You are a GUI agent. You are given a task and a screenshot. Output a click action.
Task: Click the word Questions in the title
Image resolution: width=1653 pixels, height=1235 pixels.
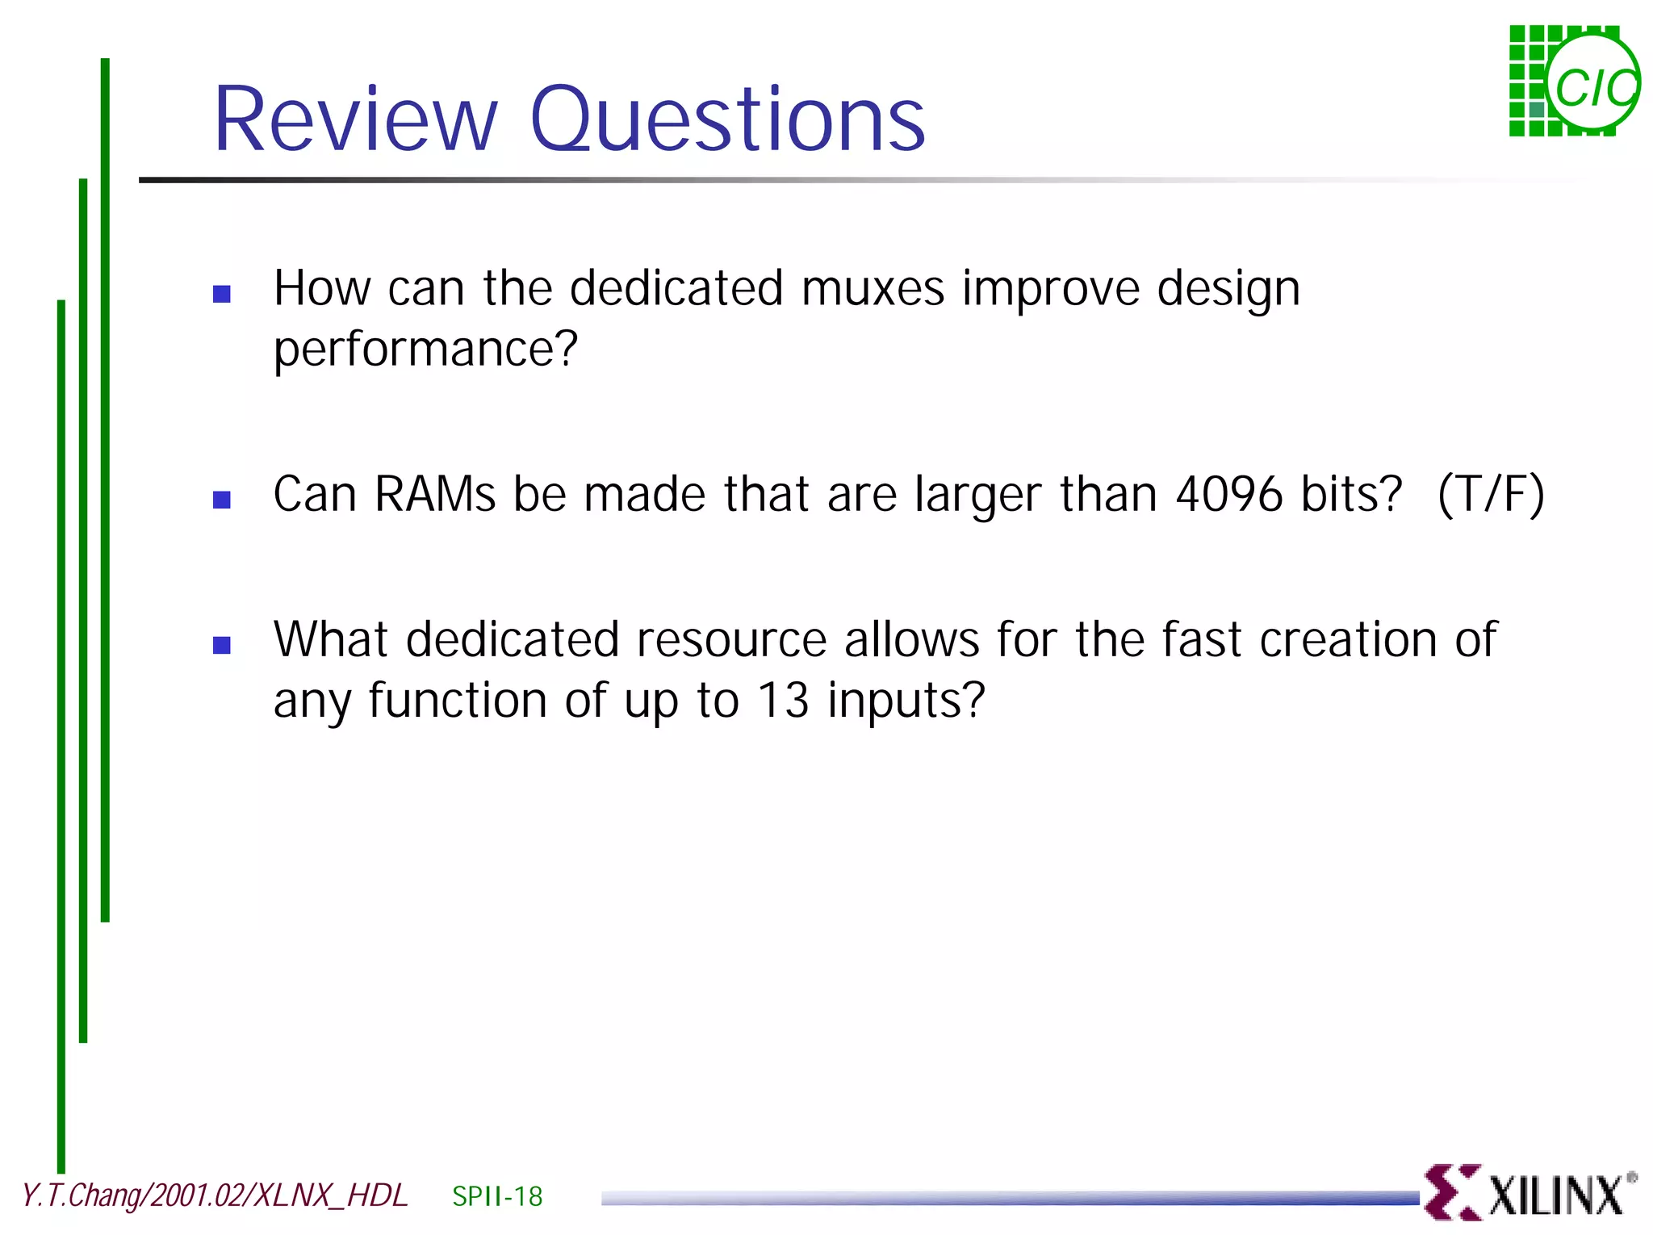point(727,121)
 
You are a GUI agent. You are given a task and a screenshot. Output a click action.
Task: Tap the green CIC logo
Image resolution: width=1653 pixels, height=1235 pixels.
point(1574,81)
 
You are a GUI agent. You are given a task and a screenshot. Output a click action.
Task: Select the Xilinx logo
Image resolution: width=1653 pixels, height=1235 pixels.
point(1530,1192)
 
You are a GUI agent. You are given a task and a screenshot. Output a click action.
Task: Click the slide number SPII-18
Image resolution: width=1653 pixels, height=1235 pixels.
point(497,1196)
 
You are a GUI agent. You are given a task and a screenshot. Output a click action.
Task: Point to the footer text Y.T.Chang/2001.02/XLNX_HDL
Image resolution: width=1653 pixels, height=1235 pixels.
point(215,1195)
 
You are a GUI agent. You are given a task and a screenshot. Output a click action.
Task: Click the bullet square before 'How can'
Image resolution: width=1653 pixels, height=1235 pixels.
point(222,294)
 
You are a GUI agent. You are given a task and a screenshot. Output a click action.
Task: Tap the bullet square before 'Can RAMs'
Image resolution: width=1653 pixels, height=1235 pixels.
point(222,500)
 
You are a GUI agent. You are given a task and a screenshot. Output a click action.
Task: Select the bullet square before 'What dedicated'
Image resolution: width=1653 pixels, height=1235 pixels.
point(222,645)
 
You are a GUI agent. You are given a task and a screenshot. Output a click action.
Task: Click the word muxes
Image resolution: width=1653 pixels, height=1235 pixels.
point(873,288)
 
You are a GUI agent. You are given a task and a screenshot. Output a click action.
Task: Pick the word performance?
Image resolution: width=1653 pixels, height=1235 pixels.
point(425,350)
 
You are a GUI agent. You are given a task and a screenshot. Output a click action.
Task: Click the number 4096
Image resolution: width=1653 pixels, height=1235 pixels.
point(1229,494)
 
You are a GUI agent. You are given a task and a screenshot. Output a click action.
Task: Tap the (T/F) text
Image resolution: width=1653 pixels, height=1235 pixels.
point(1491,494)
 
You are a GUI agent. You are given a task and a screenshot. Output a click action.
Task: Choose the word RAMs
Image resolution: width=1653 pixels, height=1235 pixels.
point(435,494)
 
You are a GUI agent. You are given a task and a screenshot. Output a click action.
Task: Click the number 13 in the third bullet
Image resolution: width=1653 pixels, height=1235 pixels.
point(783,700)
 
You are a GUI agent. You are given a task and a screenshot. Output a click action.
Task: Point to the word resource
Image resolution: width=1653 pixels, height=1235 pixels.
point(731,639)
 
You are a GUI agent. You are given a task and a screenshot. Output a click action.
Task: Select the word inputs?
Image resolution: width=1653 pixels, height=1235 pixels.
point(906,701)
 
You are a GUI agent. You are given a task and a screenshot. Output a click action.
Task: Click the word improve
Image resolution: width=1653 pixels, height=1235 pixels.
point(1050,290)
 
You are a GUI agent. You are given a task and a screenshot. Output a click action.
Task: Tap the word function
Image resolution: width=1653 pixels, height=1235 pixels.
point(458,700)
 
